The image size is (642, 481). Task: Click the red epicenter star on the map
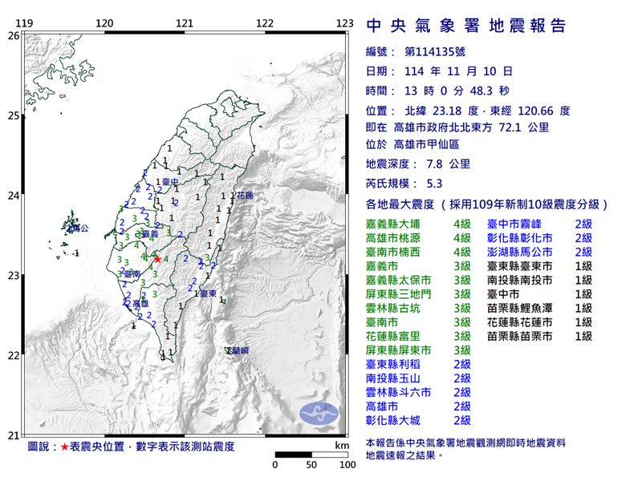(x=157, y=259)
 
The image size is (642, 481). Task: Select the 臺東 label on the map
(x=207, y=294)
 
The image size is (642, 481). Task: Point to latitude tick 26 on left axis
(x=13, y=35)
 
